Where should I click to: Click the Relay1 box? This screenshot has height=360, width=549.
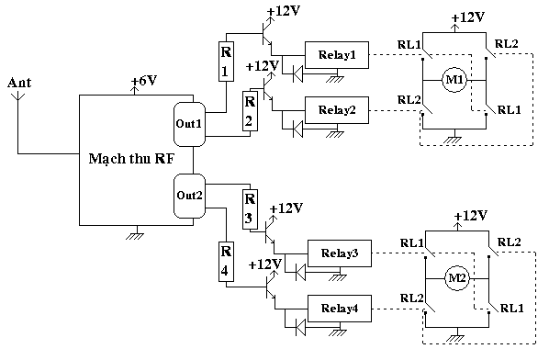[x=337, y=55]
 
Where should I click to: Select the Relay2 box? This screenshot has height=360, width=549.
[x=337, y=110]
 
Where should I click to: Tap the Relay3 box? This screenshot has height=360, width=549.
[x=340, y=253]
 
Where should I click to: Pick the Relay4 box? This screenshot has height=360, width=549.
[x=340, y=309]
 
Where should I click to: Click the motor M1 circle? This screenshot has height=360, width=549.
[x=454, y=80]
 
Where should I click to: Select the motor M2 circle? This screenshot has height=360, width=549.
[x=457, y=278]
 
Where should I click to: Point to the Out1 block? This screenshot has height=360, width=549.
[x=189, y=124]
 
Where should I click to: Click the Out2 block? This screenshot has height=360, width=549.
[x=189, y=196]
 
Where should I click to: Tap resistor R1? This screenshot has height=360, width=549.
[x=226, y=62]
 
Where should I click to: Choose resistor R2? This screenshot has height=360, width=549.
[x=250, y=111]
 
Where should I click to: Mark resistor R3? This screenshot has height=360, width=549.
[x=250, y=209]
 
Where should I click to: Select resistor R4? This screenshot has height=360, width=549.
[x=226, y=261]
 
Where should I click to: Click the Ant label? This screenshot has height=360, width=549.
[x=19, y=83]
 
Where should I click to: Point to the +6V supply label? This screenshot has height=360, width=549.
[x=144, y=81]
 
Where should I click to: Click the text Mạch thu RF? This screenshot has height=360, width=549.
[x=131, y=159]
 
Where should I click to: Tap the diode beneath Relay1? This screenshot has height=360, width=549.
[x=298, y=73]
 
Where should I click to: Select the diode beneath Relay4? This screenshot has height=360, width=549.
[x=300, y=328]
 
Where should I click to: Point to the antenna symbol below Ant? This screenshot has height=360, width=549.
[x=18, y=97]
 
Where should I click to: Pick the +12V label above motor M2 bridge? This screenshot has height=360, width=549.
[x=470, y=216]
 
